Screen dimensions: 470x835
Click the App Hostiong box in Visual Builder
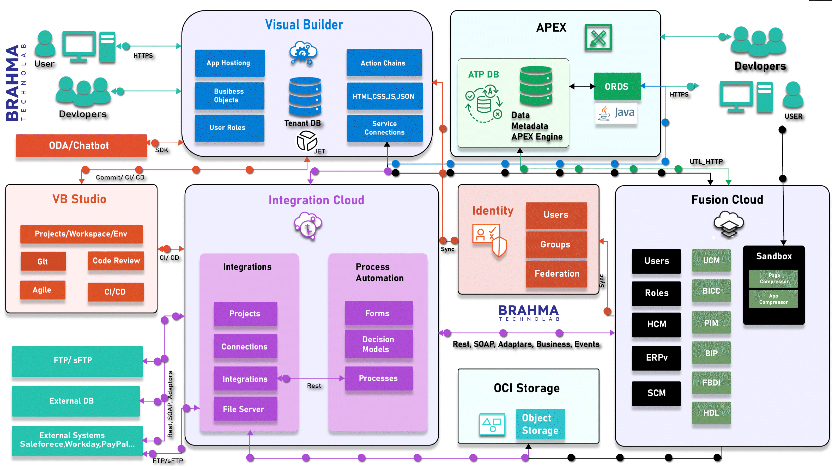pyautogui.click(x=229, y=63)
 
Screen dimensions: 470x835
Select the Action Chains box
pyautogui.click(x=384, y=63)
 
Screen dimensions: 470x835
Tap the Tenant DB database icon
pyautogui.click(x=305, y=96)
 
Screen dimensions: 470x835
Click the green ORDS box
pyautogui.click(x=617, y=87)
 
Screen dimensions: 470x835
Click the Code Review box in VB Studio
pyautogui.click(x=116, y=261)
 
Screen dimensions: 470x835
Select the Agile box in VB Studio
pyautogui.click(x=43, y=290)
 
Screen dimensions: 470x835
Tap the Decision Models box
pyautogui.click(x=378, y=344)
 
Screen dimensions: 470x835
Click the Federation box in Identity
pyautogui.click(x=556, y=274)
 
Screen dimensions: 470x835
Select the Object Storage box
pyautogui.click(x=540, y=424)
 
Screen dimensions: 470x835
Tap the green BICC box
pyautogui.click(x=711, y=291)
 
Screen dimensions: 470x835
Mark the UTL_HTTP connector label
pyautogui.click(x=706, y=162)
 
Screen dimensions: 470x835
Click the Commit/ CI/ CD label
pyautogui.click(x=120, y=178)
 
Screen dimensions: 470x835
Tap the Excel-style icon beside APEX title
pyautogui.click(x=598, y=38)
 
